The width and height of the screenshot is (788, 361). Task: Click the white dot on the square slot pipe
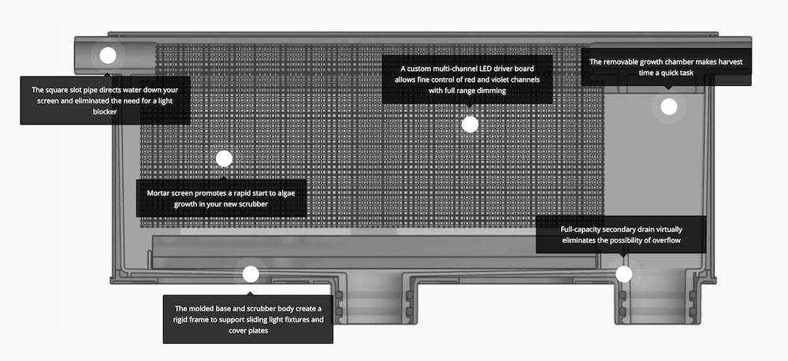pyautogui.click(x=107, y=55)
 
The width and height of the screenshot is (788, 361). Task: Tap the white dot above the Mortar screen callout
pyautogui.click(x=224, y=158)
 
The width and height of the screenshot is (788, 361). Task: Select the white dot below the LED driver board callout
pyautogui.click(x=470, y=125)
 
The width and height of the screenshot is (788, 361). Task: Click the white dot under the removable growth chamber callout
pyautogui.click(x=669, y=106)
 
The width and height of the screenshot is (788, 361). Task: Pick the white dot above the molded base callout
pyautogui.click(x=251, y=274)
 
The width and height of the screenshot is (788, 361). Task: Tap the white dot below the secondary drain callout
pyautogui.click(x=623, y=274)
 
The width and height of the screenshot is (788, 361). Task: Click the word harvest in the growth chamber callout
pyautogui.click(x=730, y=61)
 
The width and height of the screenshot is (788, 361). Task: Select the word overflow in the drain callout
pyautogui.click(x=667, y=240)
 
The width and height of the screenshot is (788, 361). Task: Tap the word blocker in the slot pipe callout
pyautogui.click(x=105, y=112)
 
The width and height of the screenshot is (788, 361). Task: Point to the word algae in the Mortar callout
pyautogui.click(x=284, y=193)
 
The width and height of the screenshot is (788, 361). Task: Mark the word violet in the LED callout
pyautogui.click(x=490, y=80)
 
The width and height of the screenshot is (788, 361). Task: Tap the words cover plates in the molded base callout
pyautogui.click(x=248, y=331)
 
